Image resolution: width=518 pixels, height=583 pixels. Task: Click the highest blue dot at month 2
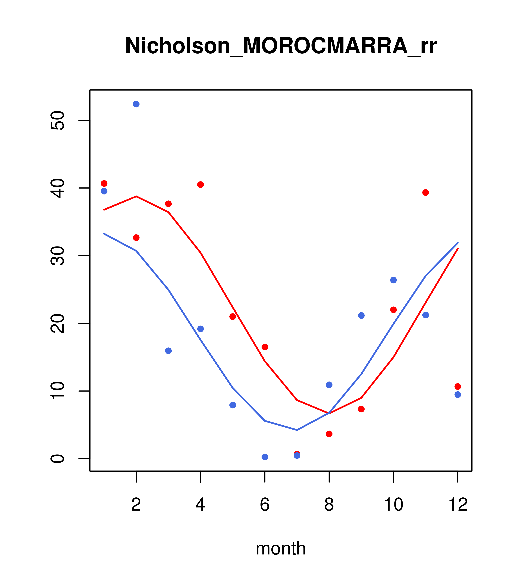[136, 104]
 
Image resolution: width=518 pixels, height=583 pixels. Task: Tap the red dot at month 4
[201, 185]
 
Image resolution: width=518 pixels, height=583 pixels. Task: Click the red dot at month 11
[426, 193]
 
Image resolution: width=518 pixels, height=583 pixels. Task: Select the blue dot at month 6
[265, 457]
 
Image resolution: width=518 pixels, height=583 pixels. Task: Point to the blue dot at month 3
[169, 351]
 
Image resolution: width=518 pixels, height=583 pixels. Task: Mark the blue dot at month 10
[393, 280]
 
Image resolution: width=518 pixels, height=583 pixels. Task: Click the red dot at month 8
[329, 434]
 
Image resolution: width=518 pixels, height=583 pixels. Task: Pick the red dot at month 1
[104, 183]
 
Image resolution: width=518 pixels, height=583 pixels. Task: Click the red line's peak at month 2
[136, 196]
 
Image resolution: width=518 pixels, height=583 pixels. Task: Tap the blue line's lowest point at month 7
[297, 430]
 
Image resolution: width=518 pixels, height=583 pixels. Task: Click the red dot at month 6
[265, 347]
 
